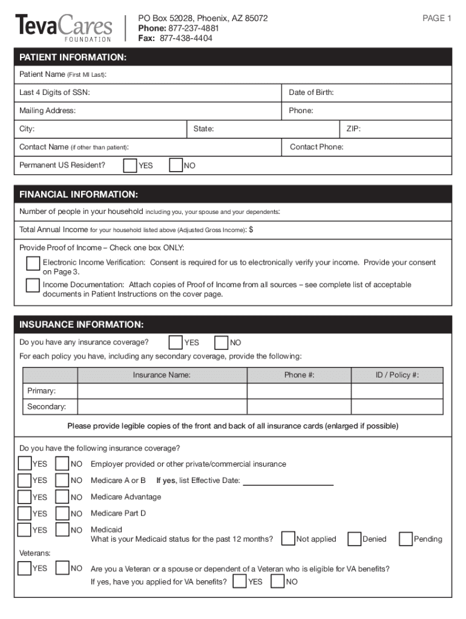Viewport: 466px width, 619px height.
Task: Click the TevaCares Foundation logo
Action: (x=64, y=27)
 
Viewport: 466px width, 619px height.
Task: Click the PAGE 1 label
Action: (x=436, y=19)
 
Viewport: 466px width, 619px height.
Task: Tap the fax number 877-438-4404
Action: (x=186, y=38)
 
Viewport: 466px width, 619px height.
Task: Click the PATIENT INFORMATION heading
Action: (x=73, y=57)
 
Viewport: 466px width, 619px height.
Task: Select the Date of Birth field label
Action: (x=311, y=92)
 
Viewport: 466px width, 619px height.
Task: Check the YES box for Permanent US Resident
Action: (x=130, y=166)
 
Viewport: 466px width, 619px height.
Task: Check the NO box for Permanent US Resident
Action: (x=176, y=166)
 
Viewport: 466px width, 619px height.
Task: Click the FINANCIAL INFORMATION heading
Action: (x=79, y=195)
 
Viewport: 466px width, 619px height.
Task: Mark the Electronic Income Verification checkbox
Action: (x=33, y=264)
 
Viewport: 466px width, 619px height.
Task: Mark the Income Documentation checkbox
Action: (x=33, y=286)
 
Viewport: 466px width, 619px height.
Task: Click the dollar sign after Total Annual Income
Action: (x=251, y=230)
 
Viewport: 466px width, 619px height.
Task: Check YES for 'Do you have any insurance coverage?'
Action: (x=176, y=343)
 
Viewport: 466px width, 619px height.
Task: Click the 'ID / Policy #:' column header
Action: (x=396, y=375)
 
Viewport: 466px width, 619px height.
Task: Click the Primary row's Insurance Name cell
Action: (x=162, y=391)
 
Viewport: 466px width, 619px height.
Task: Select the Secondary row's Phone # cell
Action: (x=299, y=407)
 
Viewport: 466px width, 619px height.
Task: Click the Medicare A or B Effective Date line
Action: (x=288, y=481)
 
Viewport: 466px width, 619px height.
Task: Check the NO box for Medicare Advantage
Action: (x=62, y=497)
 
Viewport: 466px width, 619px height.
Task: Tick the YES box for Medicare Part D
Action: (x=25, y=513)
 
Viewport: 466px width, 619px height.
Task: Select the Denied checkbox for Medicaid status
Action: (x=355, y=539)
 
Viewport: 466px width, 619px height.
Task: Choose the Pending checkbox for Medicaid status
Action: (x=405, y=539)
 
